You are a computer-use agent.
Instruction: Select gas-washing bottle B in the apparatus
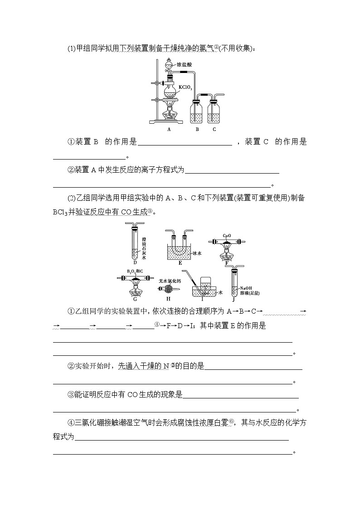197,111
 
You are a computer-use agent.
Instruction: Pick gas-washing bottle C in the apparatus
214,111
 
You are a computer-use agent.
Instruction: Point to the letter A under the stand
169,129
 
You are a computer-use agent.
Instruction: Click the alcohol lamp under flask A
169,111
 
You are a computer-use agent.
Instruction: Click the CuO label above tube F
227,236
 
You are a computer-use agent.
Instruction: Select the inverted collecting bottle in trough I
207,286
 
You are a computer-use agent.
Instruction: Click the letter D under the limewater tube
135,262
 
